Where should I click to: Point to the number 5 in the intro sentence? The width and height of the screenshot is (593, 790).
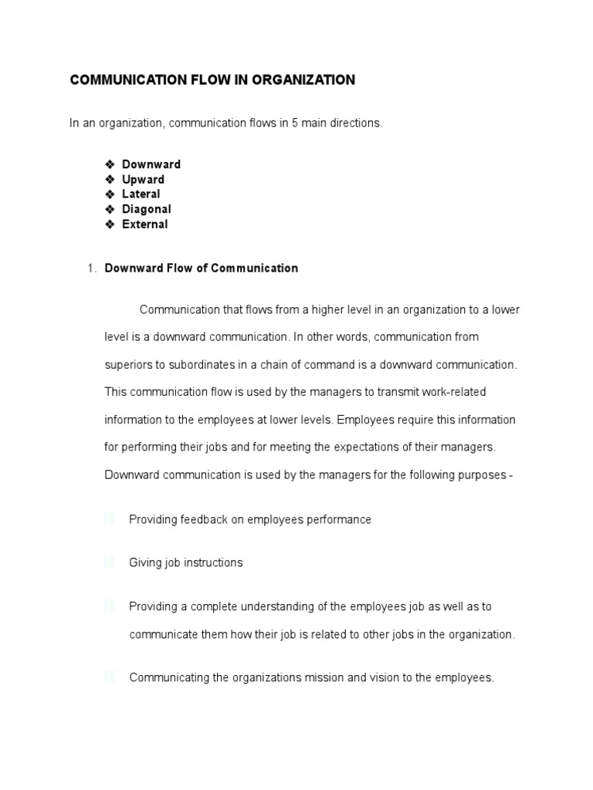point(295,124)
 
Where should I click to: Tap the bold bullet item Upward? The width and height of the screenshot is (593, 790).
point(143,180)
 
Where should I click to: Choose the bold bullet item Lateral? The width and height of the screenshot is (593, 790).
point(141,194)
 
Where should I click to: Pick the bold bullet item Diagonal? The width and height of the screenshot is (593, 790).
point(147,209)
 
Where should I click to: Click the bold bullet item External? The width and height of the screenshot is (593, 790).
point(144,225)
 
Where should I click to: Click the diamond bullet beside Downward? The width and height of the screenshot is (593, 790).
point(110,164)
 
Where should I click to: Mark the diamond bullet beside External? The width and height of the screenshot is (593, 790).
point(110,225)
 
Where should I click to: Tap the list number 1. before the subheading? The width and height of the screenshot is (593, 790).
point(91,268)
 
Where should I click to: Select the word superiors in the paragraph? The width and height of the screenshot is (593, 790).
point(128,365)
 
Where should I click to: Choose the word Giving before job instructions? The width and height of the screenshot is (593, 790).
point(145,563)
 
